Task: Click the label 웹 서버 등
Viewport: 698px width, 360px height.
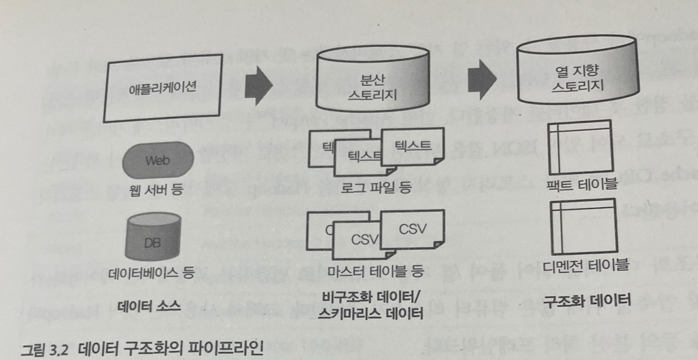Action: click(x=154, y=192)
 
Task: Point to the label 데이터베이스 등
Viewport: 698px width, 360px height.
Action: click(x=152, y=273)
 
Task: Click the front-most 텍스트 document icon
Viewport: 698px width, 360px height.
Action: click(x=408, y=147)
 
